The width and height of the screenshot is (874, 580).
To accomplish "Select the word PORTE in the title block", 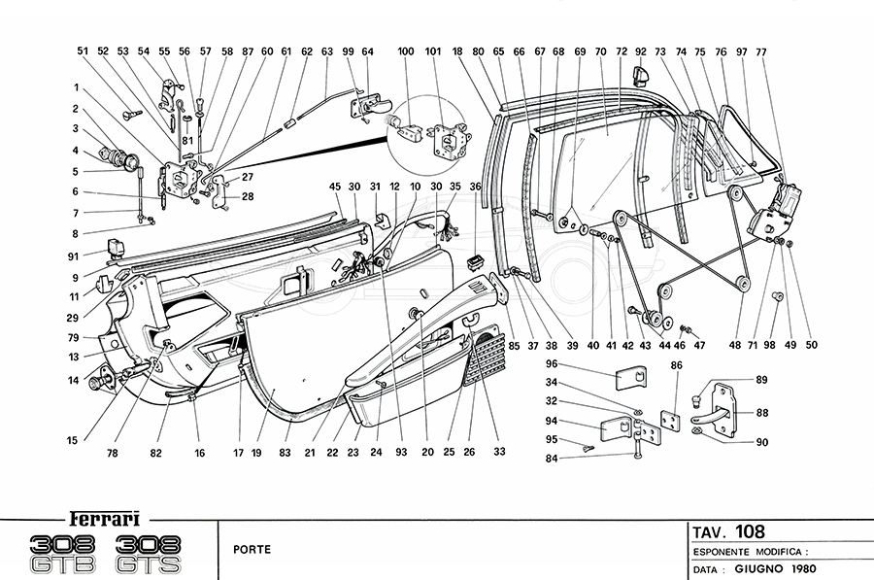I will [252, 549].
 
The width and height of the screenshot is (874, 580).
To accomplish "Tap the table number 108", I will [749, 531].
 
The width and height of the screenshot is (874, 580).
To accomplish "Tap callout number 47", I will [699, 345].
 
